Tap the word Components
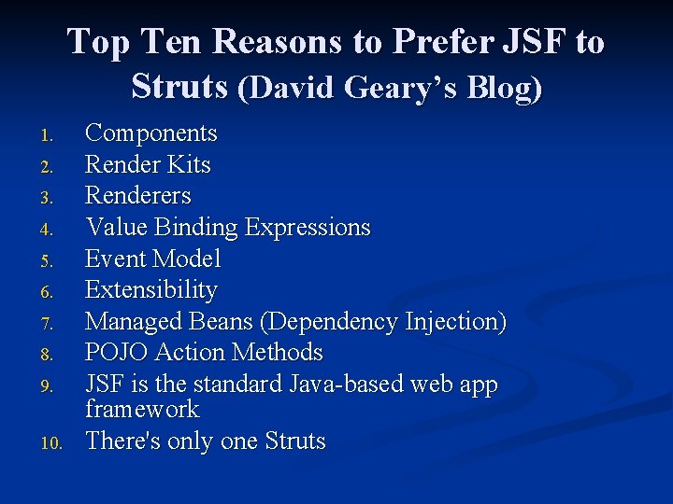click(x=150, y=133)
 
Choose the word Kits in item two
click(x=190, y=165)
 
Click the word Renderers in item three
click(x=137, y=196)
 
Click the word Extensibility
click(x=150, y=290)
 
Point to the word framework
click(x=141, y=409)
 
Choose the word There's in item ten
click(x=122, y=441)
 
